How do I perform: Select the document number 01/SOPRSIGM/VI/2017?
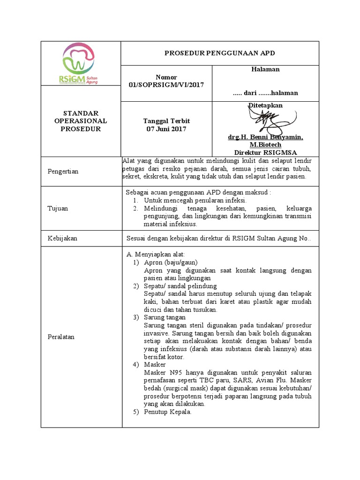click(166, 84)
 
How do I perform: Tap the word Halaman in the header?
click(265, 69)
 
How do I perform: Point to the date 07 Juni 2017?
click(166, 129)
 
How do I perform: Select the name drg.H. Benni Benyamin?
click(265, 137)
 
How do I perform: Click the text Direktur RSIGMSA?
click(265, 152)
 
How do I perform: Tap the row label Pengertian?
click(63, 171)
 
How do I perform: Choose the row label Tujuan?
click(58, 208)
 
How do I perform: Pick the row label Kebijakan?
click(62, 238)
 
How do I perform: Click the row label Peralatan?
click(61, 337)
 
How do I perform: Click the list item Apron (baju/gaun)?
click(171, 262)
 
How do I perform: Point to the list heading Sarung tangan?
click(165, 317)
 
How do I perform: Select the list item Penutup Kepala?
click(167, 412)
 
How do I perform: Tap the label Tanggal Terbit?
click(166, 121)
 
